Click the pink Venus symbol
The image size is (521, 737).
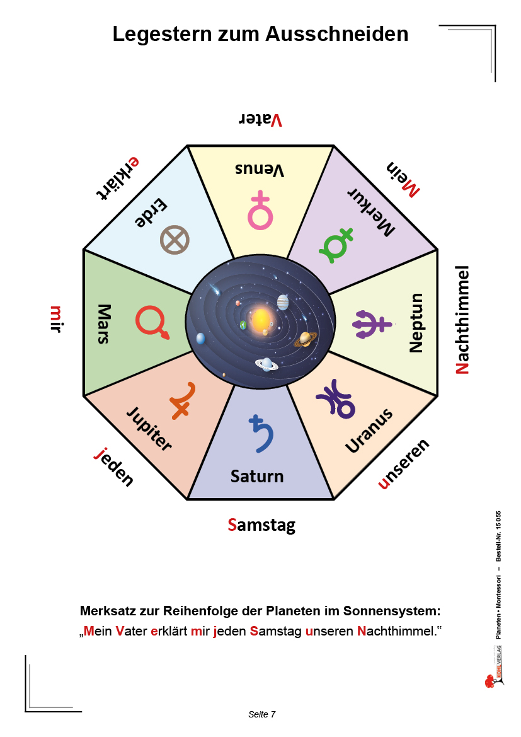[260, 211]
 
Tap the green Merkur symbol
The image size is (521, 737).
[336, 245]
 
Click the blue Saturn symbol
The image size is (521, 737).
[261, 432]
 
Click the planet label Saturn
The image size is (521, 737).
[257, 476]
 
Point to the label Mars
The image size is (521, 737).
[103, 324]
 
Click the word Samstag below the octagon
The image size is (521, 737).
[261, 525]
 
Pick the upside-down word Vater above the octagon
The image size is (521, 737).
[260, 120]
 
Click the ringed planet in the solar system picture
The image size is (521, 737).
[306, 339]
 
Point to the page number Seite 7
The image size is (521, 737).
[262, 714]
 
